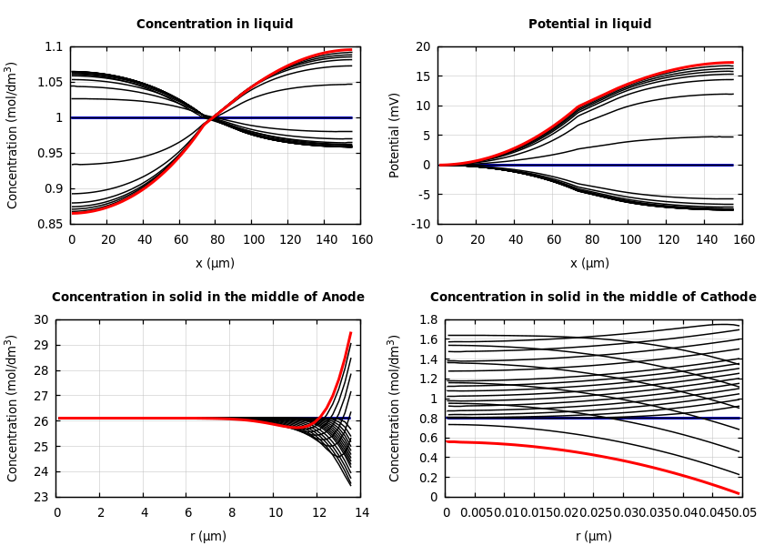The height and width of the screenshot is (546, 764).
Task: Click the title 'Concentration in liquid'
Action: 215,25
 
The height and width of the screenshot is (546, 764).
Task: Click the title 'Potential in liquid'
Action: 589,25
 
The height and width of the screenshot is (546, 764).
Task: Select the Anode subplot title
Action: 208,298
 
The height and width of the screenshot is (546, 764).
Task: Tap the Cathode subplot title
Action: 593,298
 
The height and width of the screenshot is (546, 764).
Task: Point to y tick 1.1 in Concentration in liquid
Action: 54,46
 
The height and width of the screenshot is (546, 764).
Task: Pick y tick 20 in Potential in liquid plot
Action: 422,46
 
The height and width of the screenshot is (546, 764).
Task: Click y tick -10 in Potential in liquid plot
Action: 420,224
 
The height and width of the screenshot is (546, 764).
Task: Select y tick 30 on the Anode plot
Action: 40,319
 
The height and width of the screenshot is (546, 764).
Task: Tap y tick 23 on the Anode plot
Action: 40,497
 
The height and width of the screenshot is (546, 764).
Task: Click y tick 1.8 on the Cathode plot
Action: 427,319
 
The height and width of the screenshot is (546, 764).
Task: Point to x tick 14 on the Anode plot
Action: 361,513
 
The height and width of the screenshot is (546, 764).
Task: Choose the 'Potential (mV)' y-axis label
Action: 395,135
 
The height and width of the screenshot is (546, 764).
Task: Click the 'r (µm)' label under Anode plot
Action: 208,536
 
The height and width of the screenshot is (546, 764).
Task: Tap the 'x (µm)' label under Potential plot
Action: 589,263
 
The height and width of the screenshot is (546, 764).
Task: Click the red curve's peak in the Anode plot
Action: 351,333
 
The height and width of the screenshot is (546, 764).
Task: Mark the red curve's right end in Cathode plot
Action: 739,493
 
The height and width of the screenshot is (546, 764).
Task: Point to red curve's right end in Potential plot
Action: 733,63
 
